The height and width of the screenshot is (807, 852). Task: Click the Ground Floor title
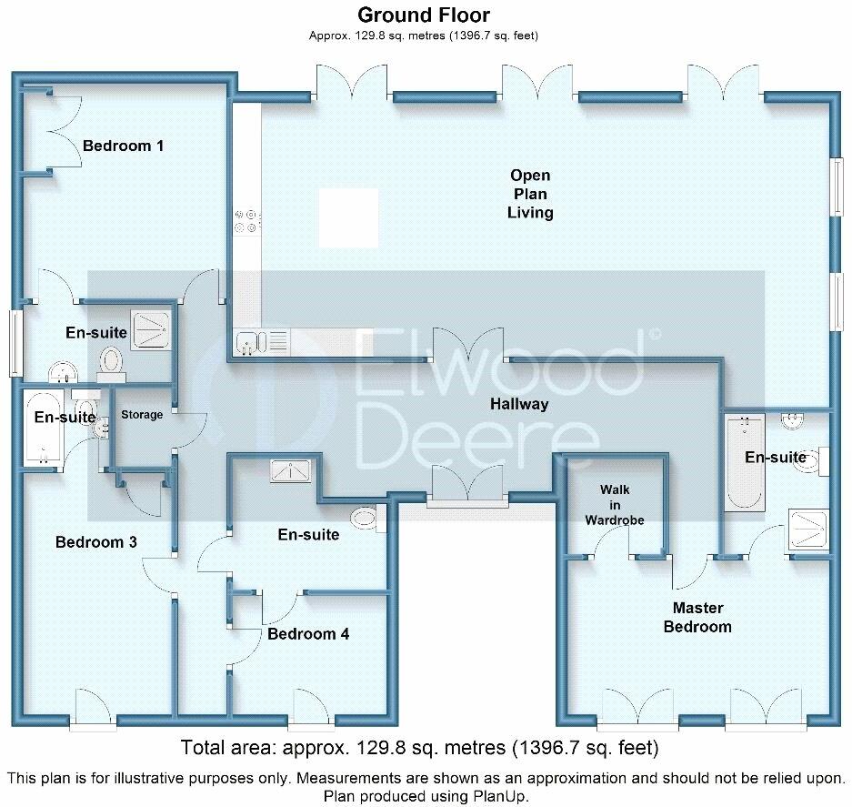pos(424,15)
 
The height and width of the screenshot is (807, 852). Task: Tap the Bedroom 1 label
pos(123,146)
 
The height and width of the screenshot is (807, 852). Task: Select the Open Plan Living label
pos(530,194)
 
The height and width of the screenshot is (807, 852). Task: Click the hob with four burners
pos(246,221)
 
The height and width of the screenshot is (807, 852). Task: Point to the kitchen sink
pos(247,343)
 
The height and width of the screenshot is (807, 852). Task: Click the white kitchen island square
pos(348,217)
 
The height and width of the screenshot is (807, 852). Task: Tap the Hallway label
pos(519,404)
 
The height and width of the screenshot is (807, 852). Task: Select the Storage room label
pos(142,414)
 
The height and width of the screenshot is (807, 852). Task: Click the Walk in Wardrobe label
pos(615,505)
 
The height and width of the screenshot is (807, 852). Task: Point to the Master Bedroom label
pos(697,617)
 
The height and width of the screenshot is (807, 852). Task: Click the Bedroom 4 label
pos(308,634)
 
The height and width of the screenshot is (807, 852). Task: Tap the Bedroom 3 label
pos(96,542)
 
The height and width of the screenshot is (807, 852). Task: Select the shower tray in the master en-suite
pos(807,530)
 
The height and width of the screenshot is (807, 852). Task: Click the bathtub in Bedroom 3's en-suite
pos(43,429)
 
